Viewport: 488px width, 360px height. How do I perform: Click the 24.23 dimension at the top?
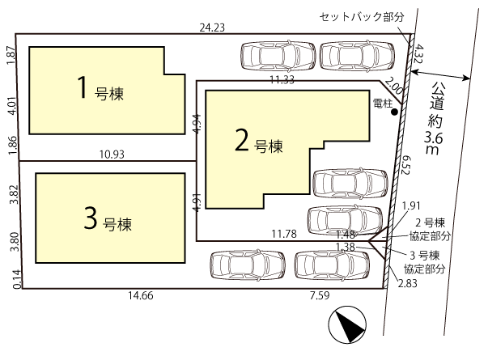point(212,28)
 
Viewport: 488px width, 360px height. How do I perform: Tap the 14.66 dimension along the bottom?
point(141,295)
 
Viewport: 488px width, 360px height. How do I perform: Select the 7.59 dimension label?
point(320,295)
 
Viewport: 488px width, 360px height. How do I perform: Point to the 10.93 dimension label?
point(112,155)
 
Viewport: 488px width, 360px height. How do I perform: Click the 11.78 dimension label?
point(284,234)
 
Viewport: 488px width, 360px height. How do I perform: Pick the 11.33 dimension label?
point(282,80)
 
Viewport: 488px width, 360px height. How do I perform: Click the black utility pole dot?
point(394,112)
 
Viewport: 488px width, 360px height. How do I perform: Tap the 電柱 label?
point(383,103)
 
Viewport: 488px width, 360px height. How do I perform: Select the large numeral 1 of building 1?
point(83,87)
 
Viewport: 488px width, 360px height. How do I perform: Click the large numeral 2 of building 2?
point(242,140)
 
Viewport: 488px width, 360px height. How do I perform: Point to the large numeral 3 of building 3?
point(91,218)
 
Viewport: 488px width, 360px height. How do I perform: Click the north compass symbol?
point(347,324)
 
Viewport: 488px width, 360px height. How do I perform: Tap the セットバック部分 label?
point(362,16)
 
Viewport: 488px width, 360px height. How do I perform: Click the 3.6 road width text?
point(434,138)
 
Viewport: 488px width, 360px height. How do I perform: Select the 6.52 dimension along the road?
point(405,164)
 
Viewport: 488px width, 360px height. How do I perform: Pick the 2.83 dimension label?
point(407,283)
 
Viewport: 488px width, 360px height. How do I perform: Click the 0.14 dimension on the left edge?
point(17,279)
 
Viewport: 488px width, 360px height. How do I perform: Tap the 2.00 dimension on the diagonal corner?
point(394,87)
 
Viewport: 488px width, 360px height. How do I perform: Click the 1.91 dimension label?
point(411,205)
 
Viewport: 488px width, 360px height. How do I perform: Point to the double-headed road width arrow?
point(441,75)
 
